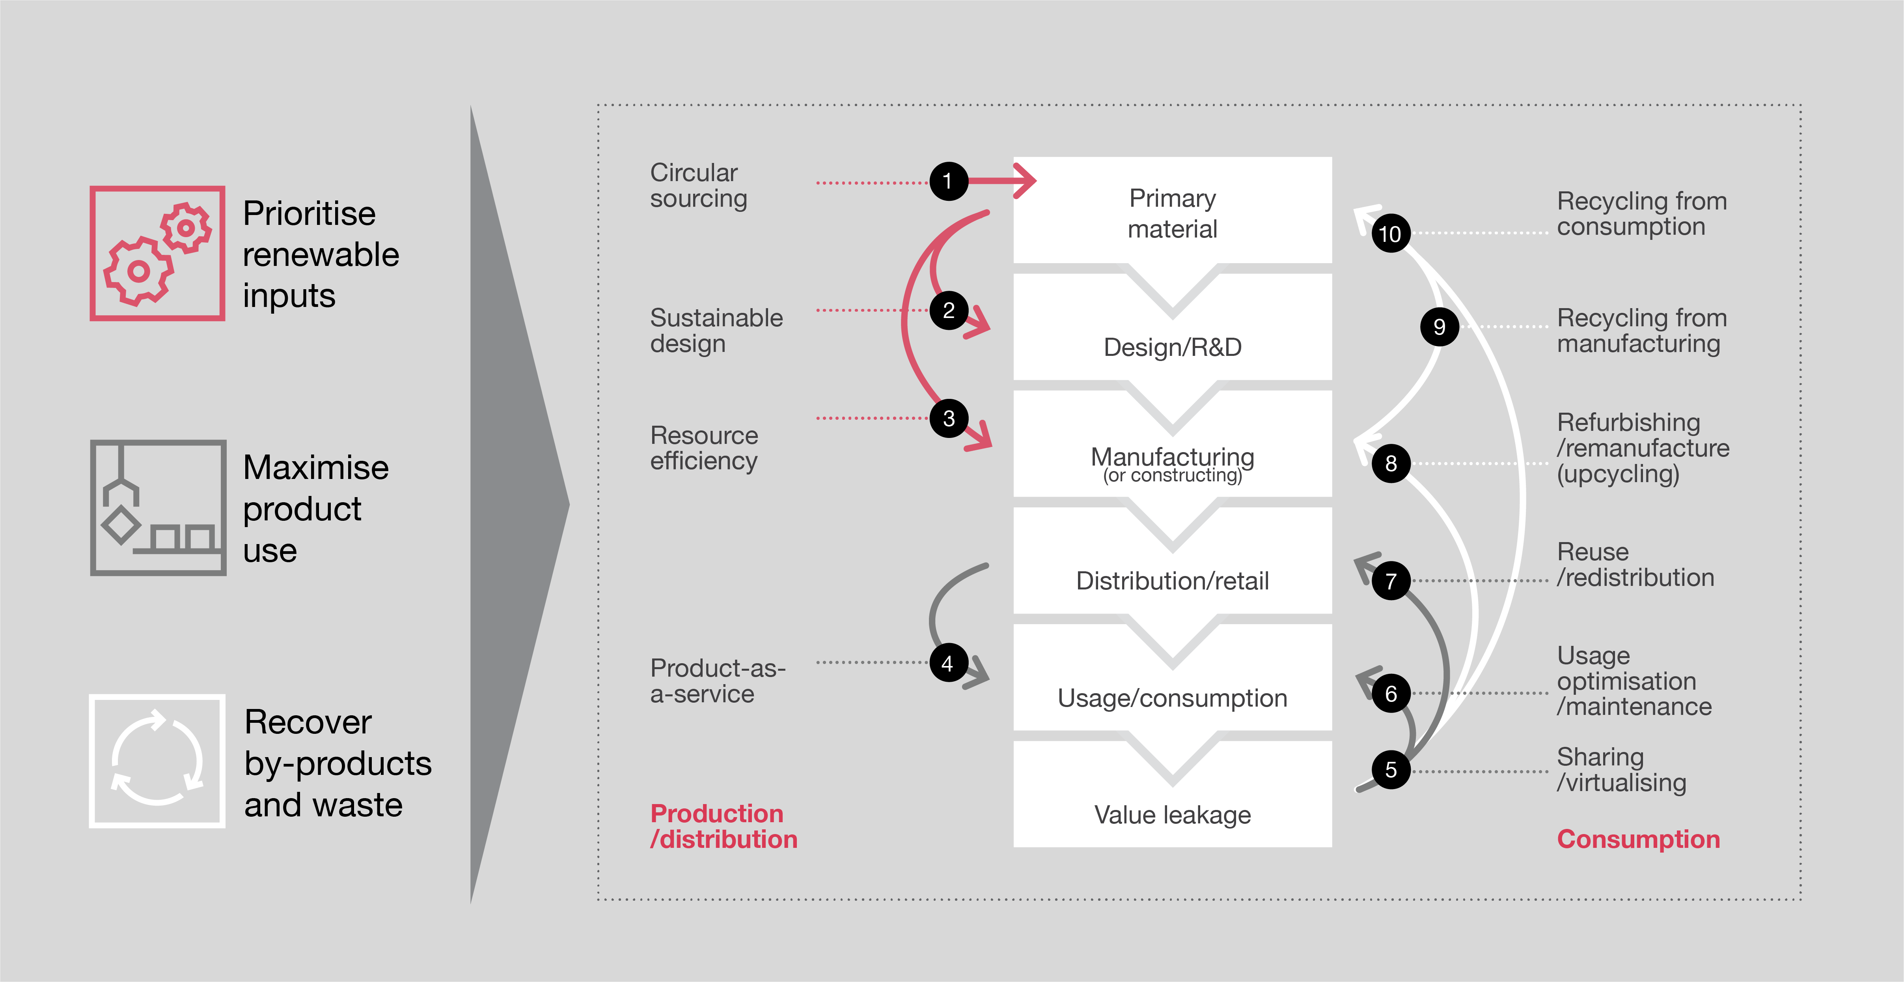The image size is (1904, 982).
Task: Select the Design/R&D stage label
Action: click(1172, 347)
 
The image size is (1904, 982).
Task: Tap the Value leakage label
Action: click(1172, 815)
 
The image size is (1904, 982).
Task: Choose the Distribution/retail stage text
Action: click(1172, 581)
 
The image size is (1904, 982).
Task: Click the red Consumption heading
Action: click(1638, 839)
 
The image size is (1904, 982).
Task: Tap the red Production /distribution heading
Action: click(723, 827)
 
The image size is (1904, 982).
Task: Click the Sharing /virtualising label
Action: click(1621, 770)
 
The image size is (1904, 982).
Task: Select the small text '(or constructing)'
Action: click(1172, 475)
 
